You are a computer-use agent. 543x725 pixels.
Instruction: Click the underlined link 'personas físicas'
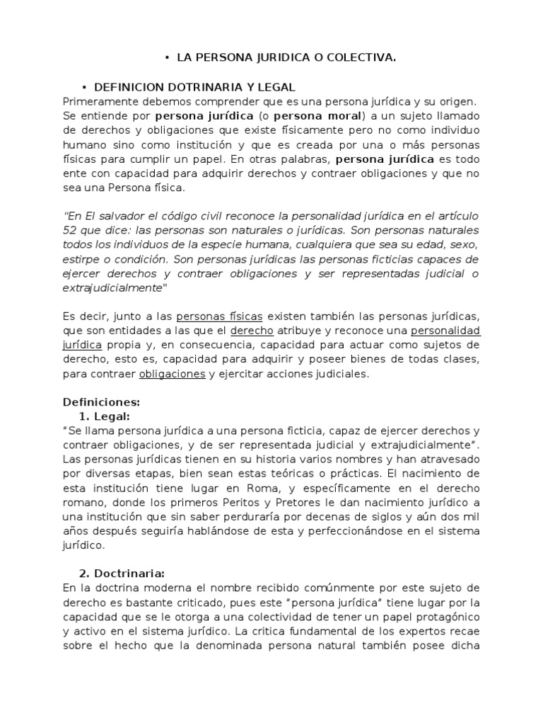tap(219, 315)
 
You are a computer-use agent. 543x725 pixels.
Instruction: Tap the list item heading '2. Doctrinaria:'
tap(124, 573)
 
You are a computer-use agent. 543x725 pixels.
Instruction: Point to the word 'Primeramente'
tap(97, 101)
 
